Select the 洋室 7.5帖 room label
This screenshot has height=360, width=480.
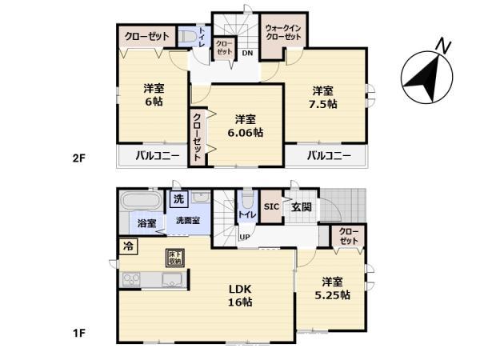(x=323, y=97)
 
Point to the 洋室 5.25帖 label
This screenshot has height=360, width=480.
(x=334, y=288)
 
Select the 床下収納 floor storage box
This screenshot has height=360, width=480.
(x=174, y=258)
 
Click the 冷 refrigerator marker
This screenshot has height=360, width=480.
(x=127, y=246)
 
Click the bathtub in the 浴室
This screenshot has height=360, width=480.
(x=141, y=199)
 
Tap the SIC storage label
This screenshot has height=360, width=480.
(x=270, y=206)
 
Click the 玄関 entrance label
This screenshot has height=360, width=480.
(x=302, y=206)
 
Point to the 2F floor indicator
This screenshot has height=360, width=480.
(x=78, y=158)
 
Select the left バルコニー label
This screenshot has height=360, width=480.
(x=156, y=155)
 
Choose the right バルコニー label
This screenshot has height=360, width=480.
(x=329, y=155)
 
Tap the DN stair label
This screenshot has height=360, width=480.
(x=248, y=53)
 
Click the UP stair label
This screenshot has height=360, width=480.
(x=245, y=236)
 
